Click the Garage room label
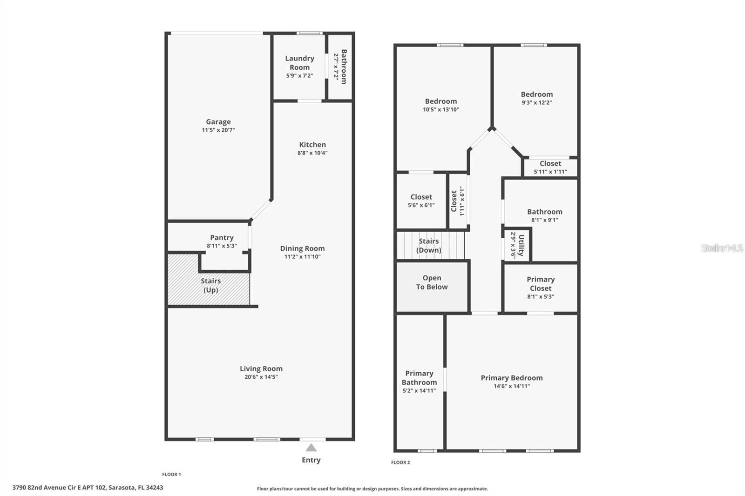point(218,121)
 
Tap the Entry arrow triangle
point(311,448)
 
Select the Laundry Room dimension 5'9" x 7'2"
point(300,75)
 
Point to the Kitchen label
point(312,145)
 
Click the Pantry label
point(222,237)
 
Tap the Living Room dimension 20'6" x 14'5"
point(261,377)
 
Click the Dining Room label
point(302,248)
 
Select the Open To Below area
point(432,287)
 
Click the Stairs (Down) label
point(429,246)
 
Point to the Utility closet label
point(521,245)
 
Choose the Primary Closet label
point(541,283)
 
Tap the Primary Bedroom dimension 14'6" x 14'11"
point(512,386)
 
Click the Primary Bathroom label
point(419,378)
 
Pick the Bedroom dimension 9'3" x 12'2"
point(537,102)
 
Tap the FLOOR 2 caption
point(400,462)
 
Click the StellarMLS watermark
point(722,248)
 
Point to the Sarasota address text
point(88,488)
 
